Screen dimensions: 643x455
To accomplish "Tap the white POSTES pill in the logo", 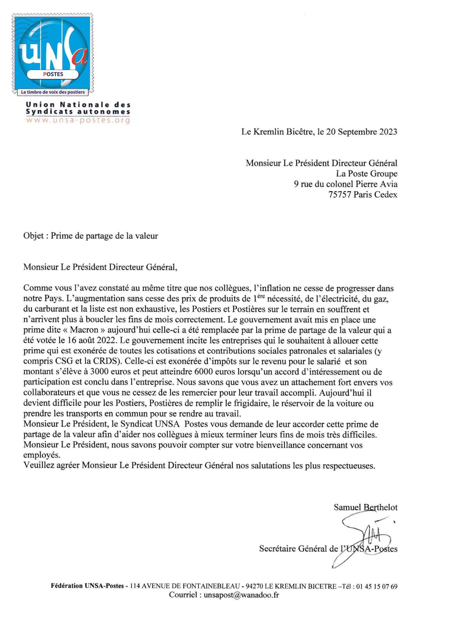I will point(53,74).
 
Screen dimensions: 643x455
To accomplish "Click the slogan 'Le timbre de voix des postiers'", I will point(53,92).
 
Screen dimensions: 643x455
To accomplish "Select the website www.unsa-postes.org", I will point(78,120).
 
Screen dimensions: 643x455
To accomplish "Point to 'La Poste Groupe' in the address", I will point(367,174).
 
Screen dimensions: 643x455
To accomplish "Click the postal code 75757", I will point(340,194).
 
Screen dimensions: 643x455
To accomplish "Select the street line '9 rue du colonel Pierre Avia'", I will point(345,184).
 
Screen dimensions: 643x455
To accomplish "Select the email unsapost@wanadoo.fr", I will point(241,595).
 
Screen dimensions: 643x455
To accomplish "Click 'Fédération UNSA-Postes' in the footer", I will point(87,586).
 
